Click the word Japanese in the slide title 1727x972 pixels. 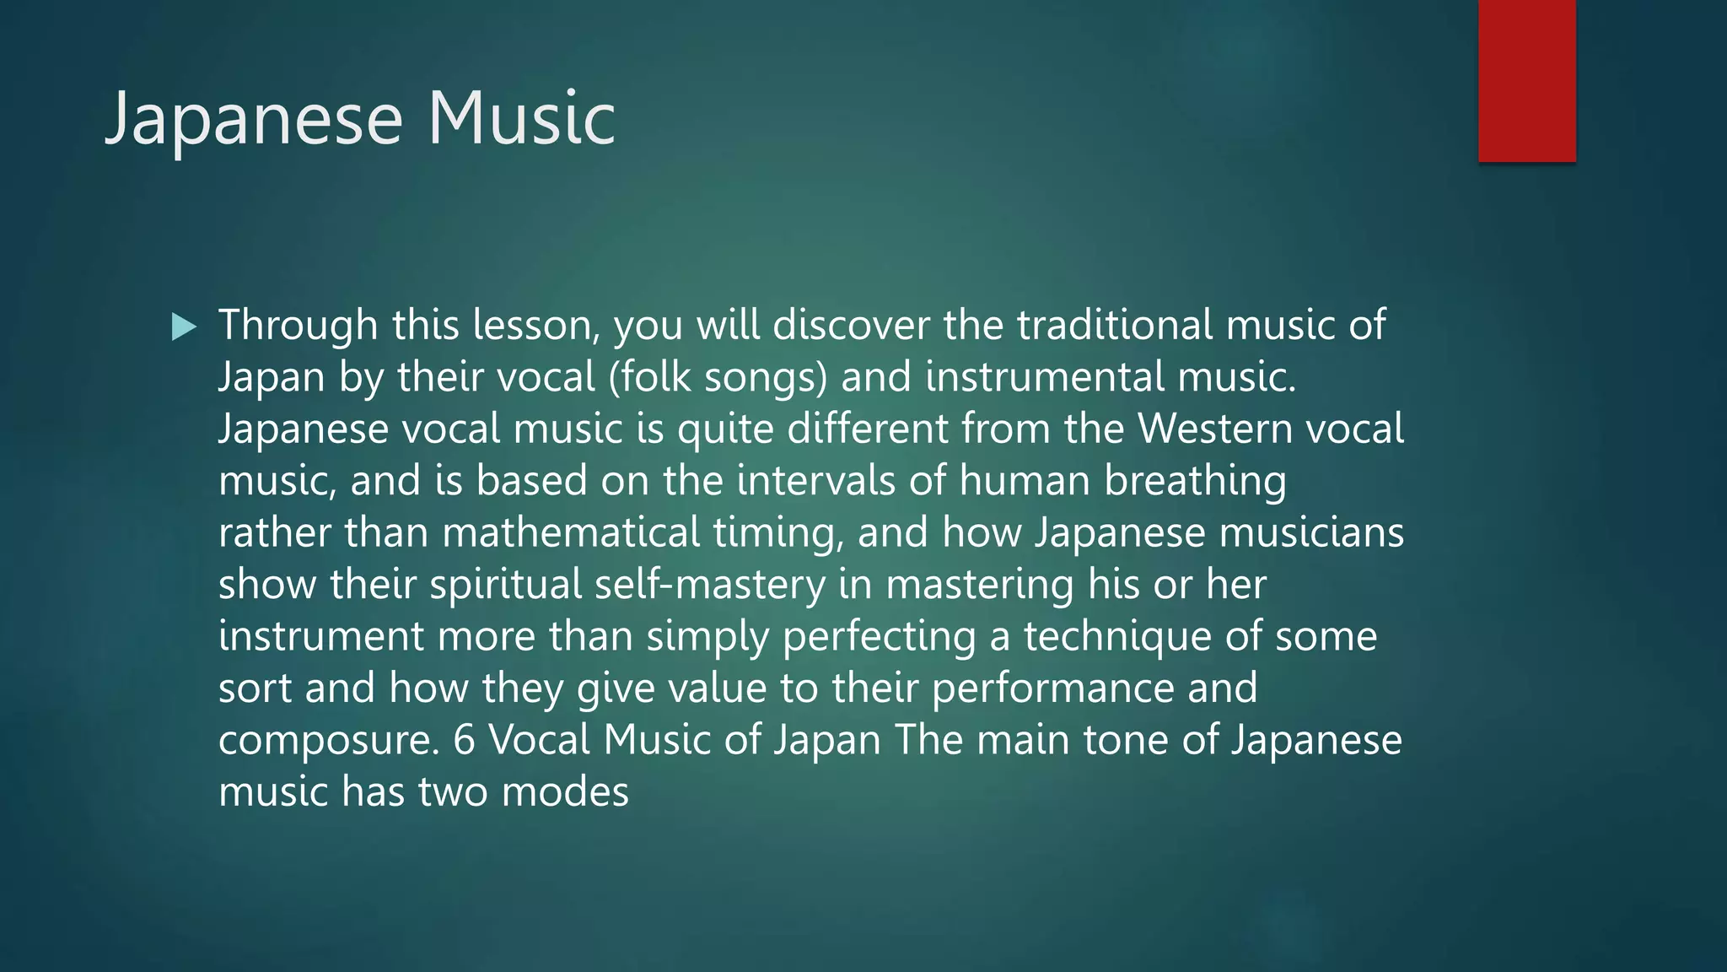253,119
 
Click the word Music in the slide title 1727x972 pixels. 521,119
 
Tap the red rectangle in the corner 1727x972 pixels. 1526,80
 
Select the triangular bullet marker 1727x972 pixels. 184,327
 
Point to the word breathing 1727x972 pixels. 1195,481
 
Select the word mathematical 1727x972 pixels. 571,532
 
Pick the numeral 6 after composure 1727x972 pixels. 465,740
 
